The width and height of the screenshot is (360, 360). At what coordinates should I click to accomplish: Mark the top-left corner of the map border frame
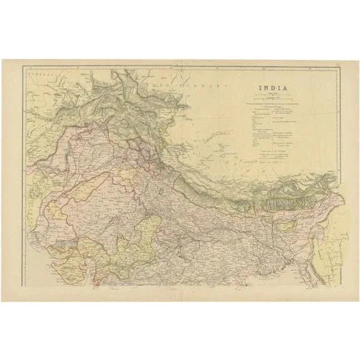click(x=23, y=67)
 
